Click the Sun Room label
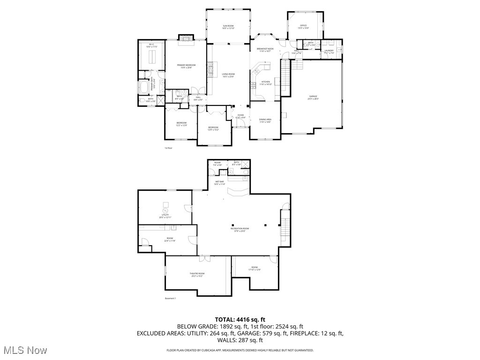pyautogui.click(x=228, y=27)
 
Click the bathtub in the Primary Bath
pyautogui.click(x=143, y=88)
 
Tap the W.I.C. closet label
pyautogui.click(x=151, y=46)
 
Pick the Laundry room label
pyautogui.click(x=329, y=52)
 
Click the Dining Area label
pyautogui.click(x=265, y=120)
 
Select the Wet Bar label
pyautogui.click(x=219, y=183)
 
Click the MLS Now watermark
pyautogui.click(x=24, y=350)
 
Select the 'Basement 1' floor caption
pyautogui.click(x=170, y=298)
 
